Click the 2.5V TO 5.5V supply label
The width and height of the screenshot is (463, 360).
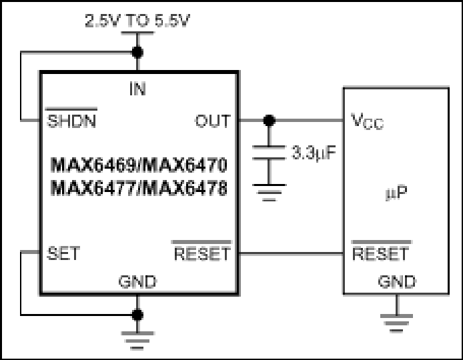(137, 21)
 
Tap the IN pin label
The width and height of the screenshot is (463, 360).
(137, 89)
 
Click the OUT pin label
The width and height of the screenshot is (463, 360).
(213, 121)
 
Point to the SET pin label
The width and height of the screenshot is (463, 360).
(63, 253)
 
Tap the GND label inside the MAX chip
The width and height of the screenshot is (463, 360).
(137, 281)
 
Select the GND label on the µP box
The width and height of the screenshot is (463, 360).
(397, 281)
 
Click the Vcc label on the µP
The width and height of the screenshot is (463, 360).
(368, 121)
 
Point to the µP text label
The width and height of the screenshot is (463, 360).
(396, 193)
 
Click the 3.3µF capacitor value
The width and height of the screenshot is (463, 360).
(314, 153)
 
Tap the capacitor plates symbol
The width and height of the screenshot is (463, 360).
(269, 153)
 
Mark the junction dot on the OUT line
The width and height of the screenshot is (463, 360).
(269, 121)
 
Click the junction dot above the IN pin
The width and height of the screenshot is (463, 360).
(137, 53)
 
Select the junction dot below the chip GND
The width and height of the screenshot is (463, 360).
(137, 315)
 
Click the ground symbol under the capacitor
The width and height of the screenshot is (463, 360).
(269, 193)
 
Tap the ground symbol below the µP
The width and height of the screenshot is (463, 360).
(396, 323)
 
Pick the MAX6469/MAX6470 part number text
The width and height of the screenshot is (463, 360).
(139, 165)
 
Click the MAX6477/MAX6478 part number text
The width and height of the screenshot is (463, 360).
(139, 188)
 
